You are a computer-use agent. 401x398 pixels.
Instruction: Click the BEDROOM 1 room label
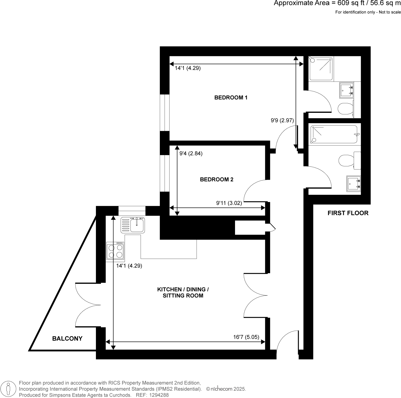tap(231, 97)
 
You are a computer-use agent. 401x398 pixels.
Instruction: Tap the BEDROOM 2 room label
tap(216, 179)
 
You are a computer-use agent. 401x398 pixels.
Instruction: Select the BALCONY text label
tap(67, 338)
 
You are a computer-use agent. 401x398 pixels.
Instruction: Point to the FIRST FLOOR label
tap(348, 213)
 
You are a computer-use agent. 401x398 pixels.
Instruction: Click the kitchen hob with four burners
tap(115, 251)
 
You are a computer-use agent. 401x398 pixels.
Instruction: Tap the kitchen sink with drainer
tap(133, 225)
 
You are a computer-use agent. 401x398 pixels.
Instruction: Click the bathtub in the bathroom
tap(334, 134)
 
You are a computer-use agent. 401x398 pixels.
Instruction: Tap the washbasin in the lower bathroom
tap(354, 183)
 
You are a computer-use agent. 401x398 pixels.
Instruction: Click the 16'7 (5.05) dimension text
tap(246, 337)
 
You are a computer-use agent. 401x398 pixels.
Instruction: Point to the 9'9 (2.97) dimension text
tap(282, 120)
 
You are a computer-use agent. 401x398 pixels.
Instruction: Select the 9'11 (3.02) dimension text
tap(229, 203)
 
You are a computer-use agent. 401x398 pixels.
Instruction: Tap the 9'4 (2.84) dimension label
tap(191, 153)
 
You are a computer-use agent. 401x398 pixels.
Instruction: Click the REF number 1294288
tap(159, 395)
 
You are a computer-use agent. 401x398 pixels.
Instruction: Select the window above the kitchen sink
tap(132, 211)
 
